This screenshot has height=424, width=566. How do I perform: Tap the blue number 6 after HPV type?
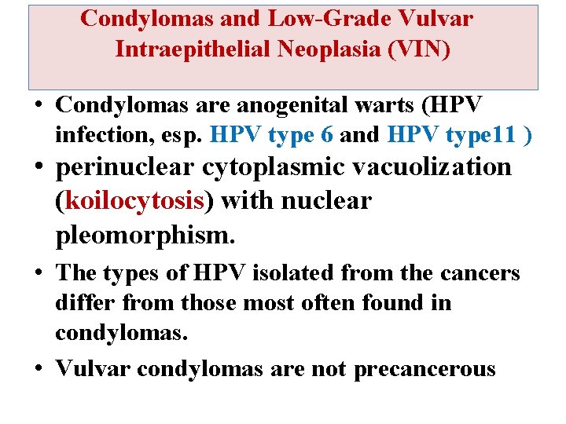click(x=327, y=136)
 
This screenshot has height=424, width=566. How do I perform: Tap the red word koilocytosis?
click(x=134, y=202)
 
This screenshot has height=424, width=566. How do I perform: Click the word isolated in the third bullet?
click(x=309, y=273)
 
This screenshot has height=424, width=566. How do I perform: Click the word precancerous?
click(x=424, y=368)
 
